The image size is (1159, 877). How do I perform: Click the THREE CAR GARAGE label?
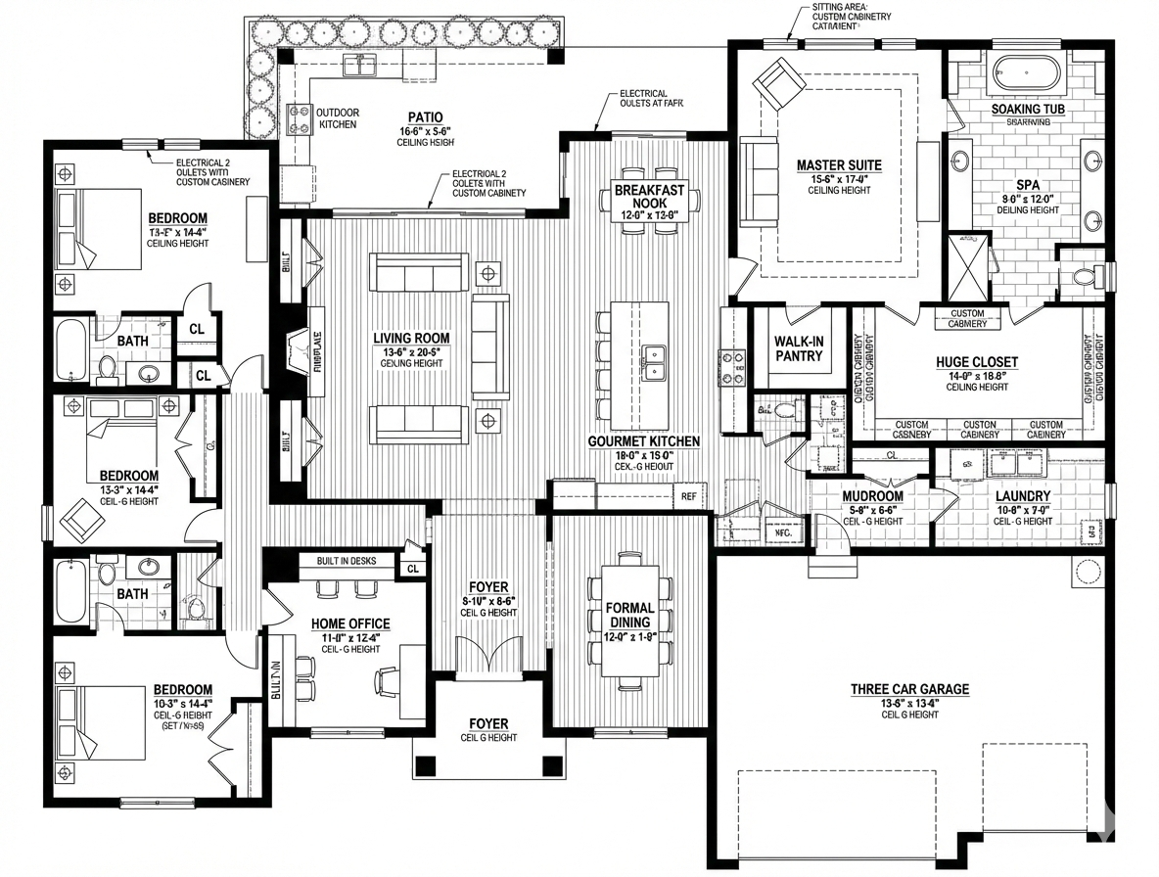click(x=909, y=689)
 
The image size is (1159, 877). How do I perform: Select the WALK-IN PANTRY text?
click(x=799, y=348)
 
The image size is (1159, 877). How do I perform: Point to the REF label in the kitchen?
click(x=689, y=496)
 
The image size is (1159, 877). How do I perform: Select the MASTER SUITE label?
click(x=839, y=165)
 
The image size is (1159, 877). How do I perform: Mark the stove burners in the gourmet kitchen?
click(x=733, y=368)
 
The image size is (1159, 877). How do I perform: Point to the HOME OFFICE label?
click(x=350, y=623)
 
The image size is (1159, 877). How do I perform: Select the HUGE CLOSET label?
click(x=976, y=362)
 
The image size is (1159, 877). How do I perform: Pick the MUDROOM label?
click(x=872, y=496)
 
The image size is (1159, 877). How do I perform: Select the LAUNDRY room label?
click(x=1022, y=496)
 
